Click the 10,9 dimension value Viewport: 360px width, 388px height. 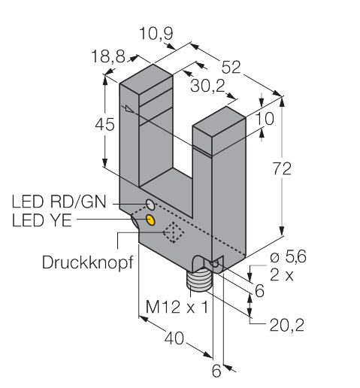click(x=156, y=34)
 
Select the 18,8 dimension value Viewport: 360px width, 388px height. click(x=108, y=56)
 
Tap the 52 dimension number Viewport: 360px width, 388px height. click(x=231, y=67)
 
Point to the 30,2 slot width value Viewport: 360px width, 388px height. click(x=207, y=86)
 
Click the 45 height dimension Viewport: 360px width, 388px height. click(x=104, y=124)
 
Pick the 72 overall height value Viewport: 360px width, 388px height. click(x=282, y=168)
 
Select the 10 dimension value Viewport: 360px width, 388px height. click(x=265, y=119)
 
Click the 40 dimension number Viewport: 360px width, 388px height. click(x=174, y=338)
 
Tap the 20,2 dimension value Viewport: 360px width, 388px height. click(x=287, y=325)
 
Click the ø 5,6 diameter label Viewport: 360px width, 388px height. click(x=288, y=256)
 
